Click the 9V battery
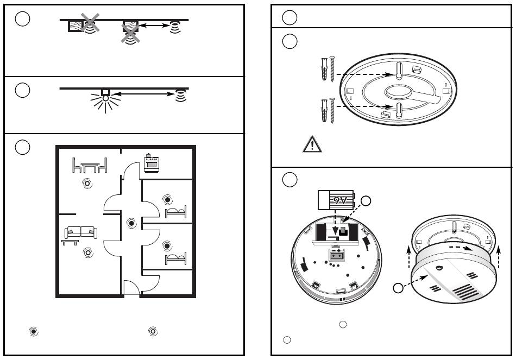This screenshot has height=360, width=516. click(335, 200)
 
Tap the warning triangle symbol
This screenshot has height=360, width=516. click(312, 144)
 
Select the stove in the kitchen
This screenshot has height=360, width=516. click(150, 163)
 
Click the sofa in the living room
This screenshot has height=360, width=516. click(80, 232)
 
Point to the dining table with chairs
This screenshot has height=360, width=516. click(90, 165)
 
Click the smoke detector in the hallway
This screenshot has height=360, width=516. click(131, 222)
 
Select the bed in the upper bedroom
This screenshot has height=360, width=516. click(175, 212)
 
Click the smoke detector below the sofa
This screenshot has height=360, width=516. click(87, 252)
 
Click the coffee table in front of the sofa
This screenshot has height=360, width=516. click(70, 242)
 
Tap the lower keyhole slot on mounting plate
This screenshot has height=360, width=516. click(398, 110)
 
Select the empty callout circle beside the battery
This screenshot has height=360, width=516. click(366, 201)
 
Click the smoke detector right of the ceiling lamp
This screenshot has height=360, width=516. click(180, 96)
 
